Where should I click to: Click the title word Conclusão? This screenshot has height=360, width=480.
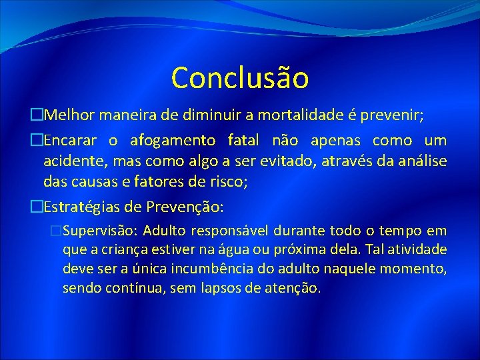pos(240,77)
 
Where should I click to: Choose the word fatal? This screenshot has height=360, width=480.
pos(245,141)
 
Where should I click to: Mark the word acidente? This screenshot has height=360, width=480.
pos(71,161)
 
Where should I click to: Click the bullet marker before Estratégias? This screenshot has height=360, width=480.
pos(37,207)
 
